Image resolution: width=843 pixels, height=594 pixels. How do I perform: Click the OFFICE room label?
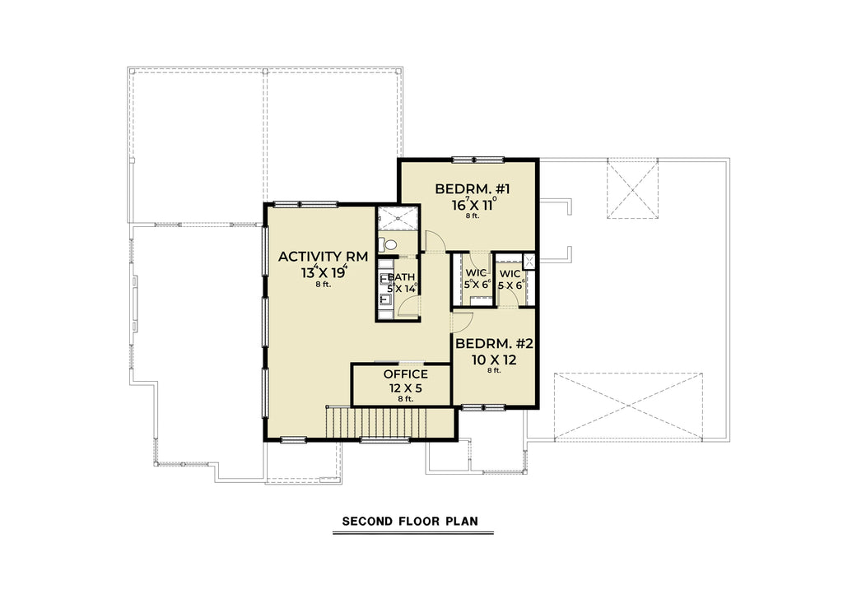[405, 374]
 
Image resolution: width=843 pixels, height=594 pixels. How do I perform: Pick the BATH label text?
[403, 277]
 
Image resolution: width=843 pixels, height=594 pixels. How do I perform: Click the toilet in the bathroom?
[389, 244]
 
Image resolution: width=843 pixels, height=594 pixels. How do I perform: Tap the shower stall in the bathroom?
[398, 220]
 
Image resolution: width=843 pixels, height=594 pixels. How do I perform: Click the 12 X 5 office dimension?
[405, 387]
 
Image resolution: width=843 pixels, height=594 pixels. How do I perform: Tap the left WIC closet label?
[477, 273]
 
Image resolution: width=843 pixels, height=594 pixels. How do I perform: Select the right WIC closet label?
[510, 273]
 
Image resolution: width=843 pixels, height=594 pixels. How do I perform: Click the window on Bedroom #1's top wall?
[477, 159]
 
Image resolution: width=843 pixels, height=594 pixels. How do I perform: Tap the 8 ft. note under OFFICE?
[405, 399]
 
